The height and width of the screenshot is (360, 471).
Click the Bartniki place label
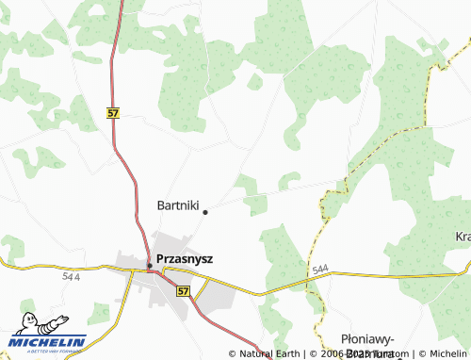click(177, 205)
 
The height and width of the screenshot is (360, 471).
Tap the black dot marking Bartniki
click(205, 211)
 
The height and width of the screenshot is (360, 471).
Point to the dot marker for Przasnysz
click(149, 266)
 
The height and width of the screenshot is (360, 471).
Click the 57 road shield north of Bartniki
click(113, 112)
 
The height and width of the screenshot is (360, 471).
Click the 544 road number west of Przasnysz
click(72, 277)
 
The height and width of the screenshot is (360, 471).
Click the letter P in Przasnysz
click(159, 257)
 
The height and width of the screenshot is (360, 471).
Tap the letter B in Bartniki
click(161, 205)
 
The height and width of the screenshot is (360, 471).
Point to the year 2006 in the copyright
click(333, 353)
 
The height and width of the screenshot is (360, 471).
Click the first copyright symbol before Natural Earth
click(233, 353)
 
